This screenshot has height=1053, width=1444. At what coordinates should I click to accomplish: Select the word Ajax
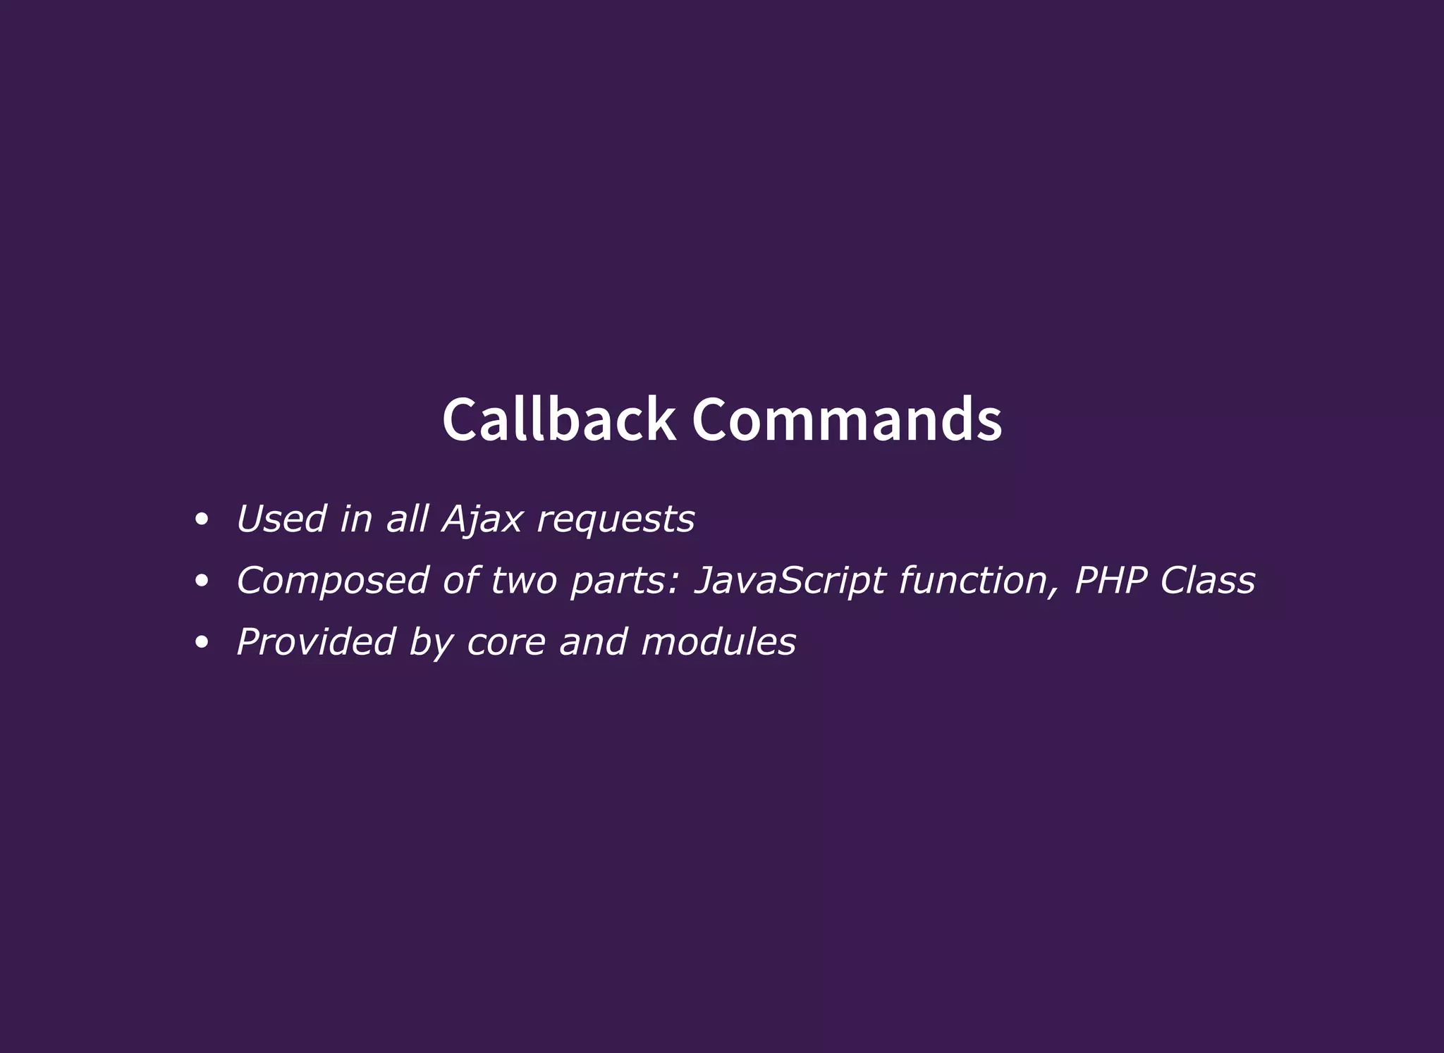tap(482, 520)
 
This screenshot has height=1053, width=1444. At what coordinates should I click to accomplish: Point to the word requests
tap(616, 520)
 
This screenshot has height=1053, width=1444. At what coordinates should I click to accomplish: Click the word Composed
tap(332, 581)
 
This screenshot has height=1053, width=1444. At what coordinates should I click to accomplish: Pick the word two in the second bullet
tap(523, 581)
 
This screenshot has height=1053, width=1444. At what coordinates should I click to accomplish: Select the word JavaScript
tap(790, 581)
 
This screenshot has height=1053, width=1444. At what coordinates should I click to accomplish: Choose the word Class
tap(1208, 581)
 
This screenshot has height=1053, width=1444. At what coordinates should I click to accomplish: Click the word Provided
tap(316, 642)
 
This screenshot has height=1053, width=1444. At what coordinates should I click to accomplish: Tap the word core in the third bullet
tap(506, 642)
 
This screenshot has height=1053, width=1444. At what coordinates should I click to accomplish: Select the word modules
tap(718, 642)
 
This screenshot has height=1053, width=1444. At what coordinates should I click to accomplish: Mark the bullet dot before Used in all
tap(202, 520)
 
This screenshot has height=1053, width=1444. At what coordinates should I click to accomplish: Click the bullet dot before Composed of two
tap(202, 581)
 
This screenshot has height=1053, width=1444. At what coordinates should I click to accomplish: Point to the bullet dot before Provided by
tap(202, 643)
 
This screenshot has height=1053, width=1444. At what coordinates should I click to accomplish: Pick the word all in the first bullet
tap(407, 519)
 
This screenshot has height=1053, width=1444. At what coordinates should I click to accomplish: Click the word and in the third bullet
tap(593, 642)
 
